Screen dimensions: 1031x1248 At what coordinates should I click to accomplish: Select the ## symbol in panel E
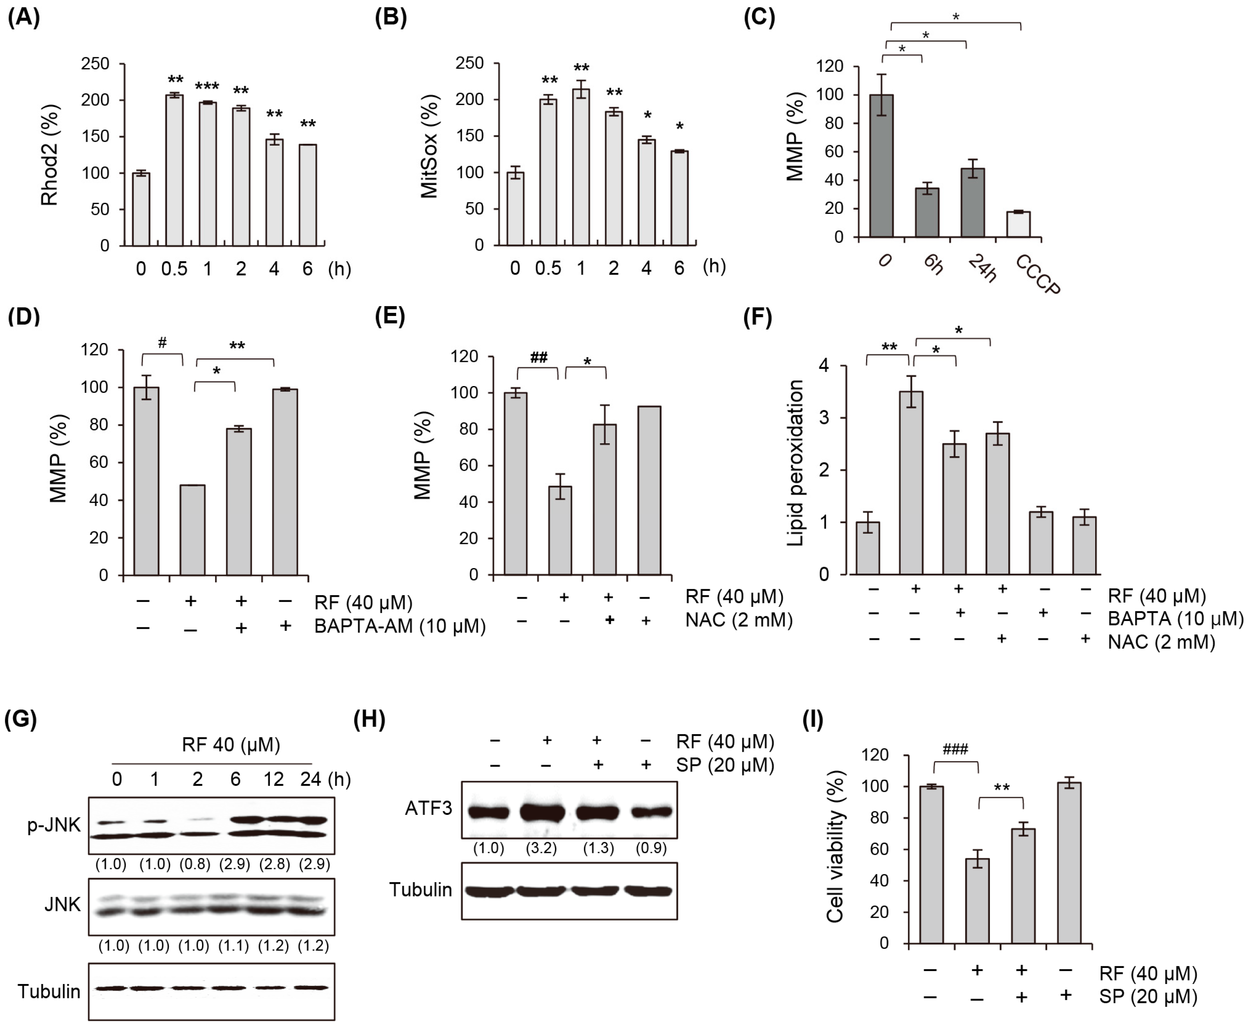click(538, 357)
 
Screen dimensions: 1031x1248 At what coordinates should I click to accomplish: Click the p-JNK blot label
click(53, 825)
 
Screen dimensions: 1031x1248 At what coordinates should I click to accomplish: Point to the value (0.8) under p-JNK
click(195, 864)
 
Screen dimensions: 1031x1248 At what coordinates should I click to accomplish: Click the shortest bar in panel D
click(192, 530)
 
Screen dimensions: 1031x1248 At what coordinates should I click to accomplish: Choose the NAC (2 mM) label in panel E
click(738, 620)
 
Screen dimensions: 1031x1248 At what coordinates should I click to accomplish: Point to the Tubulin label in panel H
click(421, 890)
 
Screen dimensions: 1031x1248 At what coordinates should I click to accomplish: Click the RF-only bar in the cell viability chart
click(977, 900)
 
